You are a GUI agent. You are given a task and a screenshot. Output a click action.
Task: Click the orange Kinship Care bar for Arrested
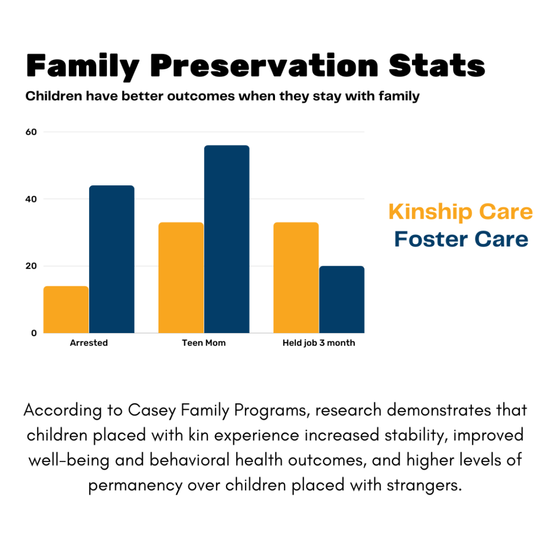click(x=66, y=310)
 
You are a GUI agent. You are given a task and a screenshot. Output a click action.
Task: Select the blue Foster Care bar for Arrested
click(x=112, y=259)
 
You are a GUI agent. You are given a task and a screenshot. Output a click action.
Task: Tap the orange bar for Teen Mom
click(x=181, y=278)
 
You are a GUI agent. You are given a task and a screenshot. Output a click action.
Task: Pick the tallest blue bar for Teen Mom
click(x=227, y=239)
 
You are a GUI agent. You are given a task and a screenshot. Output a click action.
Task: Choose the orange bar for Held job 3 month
click(x=296, y=278)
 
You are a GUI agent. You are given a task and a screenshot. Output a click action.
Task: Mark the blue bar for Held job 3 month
click(x=342, y=300)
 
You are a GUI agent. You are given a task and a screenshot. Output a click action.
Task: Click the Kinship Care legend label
click(x=460, y=212)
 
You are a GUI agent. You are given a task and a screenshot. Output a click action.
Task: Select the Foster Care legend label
click(x=461, y=239)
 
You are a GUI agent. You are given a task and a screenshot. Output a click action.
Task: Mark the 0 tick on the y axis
click(x=34, y=333)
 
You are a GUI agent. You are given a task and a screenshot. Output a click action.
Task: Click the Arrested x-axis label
click(x=89, y=343)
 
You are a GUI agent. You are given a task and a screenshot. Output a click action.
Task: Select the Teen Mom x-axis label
click(x=204, y=343)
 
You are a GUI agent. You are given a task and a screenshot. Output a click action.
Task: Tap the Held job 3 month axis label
click(x=319, y=343)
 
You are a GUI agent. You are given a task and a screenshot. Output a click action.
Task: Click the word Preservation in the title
click(x=263, y=67)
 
